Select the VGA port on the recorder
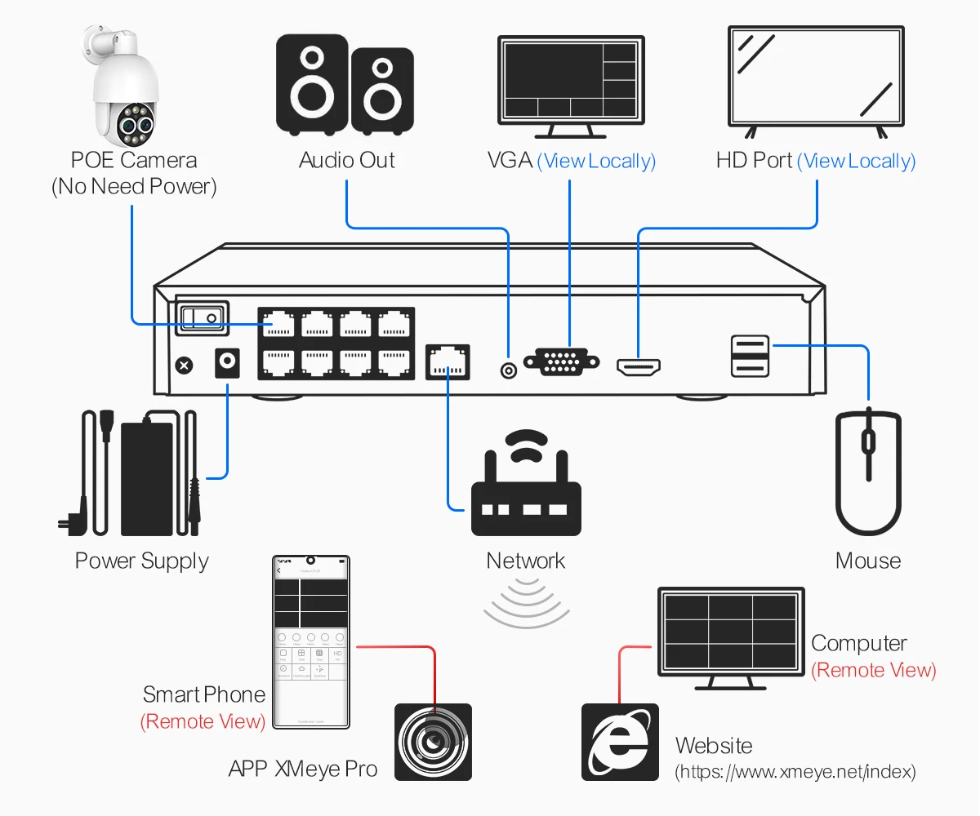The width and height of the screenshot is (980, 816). pos(561,361)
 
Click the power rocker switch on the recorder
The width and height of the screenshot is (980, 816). pos(201,317)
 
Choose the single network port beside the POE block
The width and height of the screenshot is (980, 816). pos(448,361)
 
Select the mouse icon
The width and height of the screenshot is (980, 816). pos(868,473)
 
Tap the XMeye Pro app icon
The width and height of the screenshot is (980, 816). pos(433,742)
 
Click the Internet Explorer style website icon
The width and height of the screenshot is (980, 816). pos(620,742)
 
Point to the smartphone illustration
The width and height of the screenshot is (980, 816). pos(310,642)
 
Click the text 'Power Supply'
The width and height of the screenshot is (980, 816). pos(142,561)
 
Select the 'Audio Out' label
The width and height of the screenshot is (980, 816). pos(347,160)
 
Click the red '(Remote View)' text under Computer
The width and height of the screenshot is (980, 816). pos(873,671)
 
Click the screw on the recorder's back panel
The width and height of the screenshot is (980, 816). pos(185,366)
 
